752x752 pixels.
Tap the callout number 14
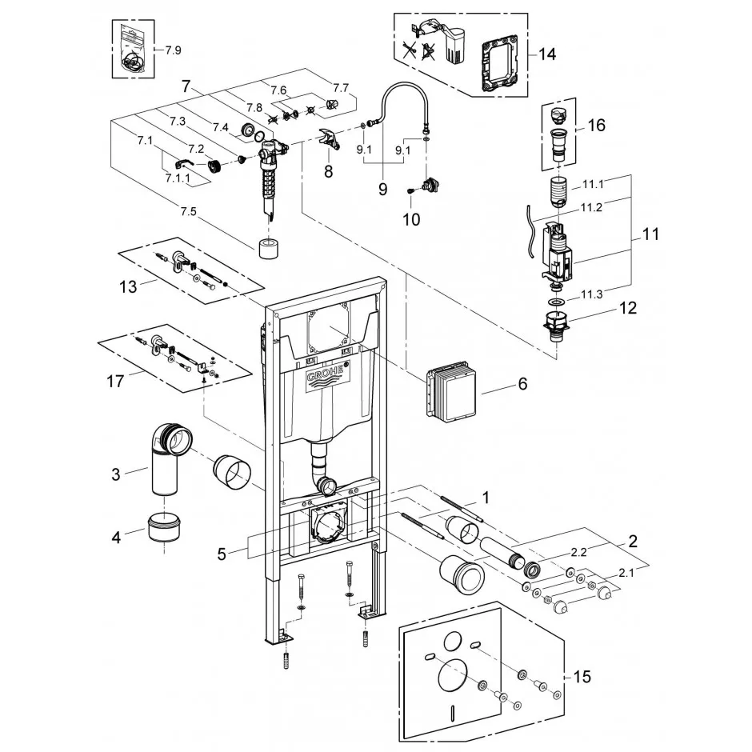tap(546, 54)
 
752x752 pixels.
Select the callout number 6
tap(522, 384)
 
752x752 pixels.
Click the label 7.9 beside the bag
tap(173, 50)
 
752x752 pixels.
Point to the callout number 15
tap(582, 677)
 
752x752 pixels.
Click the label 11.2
tap(591, 208)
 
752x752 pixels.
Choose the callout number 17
tap(115, 382)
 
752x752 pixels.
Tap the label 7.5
tap(189, 211)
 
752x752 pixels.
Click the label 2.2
tap(578, 553)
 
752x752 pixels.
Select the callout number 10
tap(411, 220)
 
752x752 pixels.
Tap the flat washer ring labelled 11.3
tap(557, 302)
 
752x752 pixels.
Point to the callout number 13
tap(128, 286)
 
